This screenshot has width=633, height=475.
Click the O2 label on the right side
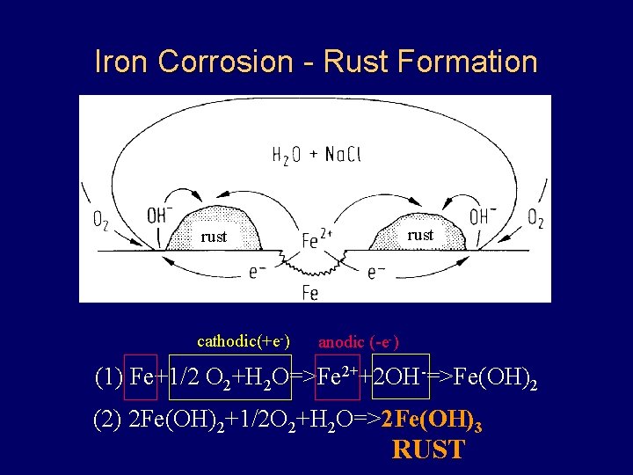pyautogui.click(x=534, y=217)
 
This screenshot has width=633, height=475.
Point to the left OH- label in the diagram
pyautogui.click(x=157, y=216)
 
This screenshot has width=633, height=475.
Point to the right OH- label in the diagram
pyautogui.click(x=482, y=216)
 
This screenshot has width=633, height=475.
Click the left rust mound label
pyautogui.click(x=214, y=237)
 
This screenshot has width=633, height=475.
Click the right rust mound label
pyautogui.click(x=420, y=235)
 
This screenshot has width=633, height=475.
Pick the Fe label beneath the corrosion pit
pyautogui.click(x=309, y=293)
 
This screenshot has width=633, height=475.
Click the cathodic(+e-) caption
pyautogui.click(x=244, y=341)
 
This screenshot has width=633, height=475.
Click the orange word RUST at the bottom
pyautogui.click(x=428, y=449)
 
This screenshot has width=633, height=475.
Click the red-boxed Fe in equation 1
pyautogui.click(x=141, y=379)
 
